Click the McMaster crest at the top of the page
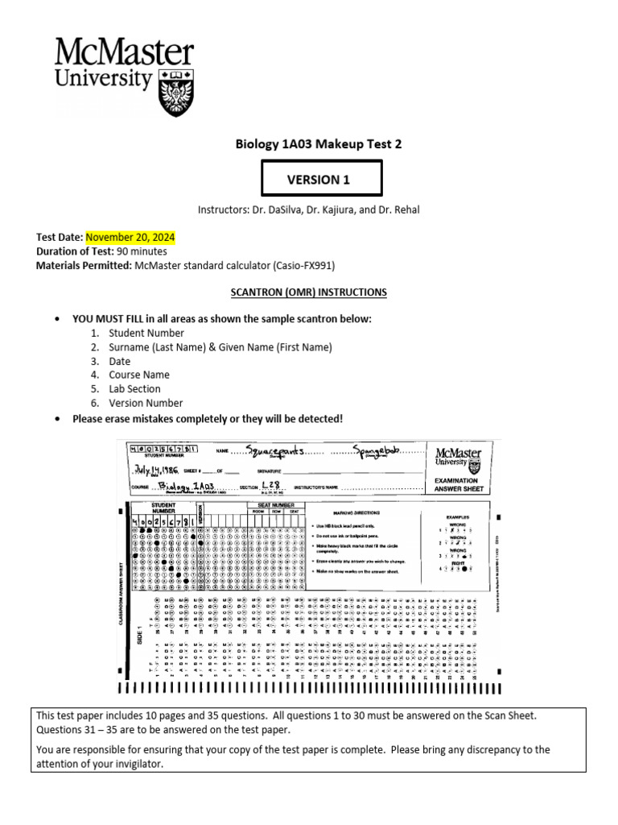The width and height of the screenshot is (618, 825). click(176, 91)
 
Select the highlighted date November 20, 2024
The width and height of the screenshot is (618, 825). click(130, 238)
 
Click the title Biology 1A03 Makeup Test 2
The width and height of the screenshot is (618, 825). click(318, 144)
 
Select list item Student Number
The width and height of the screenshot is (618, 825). click(146, 333)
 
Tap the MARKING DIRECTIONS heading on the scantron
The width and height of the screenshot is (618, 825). click(354, 512)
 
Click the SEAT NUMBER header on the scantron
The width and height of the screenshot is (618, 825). click(275, 504)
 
